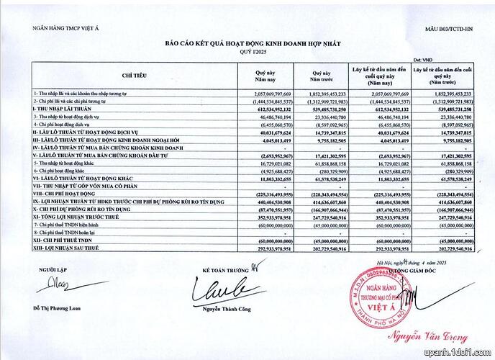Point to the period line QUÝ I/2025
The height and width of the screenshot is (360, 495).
point(247,51)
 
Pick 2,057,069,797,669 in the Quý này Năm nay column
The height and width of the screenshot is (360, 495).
point(267,94)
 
